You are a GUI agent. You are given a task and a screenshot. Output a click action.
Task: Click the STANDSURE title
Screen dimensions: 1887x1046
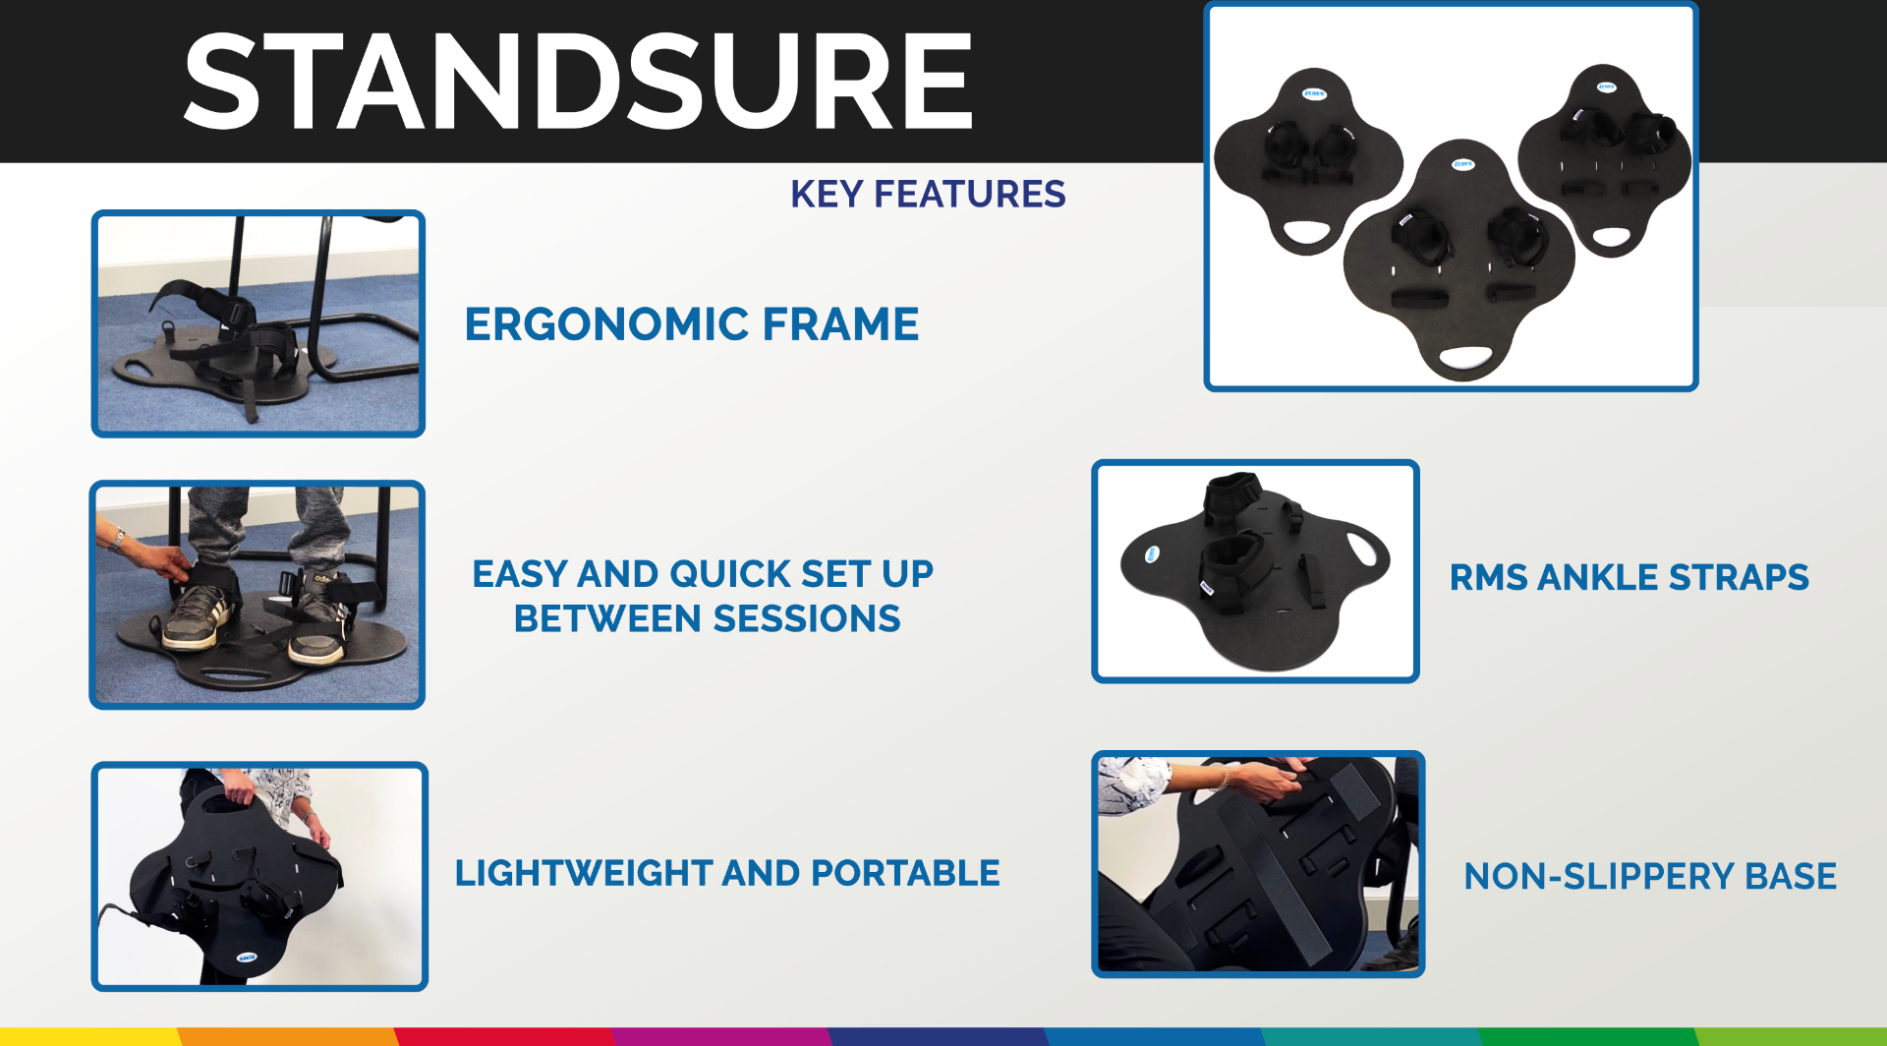578,81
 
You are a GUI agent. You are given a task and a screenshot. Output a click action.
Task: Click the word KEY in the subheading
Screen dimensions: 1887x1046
827,194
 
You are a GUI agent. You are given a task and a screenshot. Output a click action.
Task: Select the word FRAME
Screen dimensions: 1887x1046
840,323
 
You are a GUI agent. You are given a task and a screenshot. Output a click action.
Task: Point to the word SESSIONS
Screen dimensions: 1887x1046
806,618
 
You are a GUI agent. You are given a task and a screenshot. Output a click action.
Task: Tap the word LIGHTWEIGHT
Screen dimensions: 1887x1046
583,873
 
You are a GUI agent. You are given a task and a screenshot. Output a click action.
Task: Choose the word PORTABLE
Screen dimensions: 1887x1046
905,873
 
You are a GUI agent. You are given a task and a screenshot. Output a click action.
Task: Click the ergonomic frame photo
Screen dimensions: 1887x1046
258,323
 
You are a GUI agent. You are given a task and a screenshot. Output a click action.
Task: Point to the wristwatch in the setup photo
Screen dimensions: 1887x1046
118,539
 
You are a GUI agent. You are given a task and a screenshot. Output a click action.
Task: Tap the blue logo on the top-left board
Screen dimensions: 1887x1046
1314,94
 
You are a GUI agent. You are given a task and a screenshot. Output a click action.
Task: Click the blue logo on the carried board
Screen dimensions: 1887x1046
246,957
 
